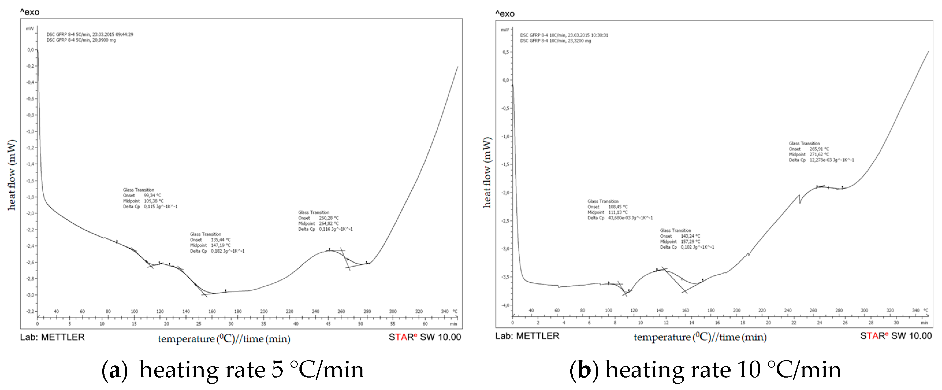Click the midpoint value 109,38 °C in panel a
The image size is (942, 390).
click(x=154, y=201)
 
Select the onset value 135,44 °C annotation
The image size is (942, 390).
click(x=221, y=240)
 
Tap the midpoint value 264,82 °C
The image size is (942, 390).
click(x=329, y=224)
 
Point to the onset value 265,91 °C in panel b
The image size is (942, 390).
click(x=819, y=149)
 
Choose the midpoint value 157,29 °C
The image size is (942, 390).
click(x=690, y=242)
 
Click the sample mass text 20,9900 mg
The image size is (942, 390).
click(x=104, y=40)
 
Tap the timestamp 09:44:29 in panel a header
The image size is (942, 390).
click(x=125, y=34)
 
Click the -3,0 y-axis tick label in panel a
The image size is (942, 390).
click(x=30, y=295)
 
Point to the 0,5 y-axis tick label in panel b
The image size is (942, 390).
click(x=505, y=52)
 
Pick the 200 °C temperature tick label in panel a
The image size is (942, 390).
click(x=264, y=311)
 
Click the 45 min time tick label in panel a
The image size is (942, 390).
click(x=328, y=324)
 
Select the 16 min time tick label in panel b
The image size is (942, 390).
click(x=717, y=323)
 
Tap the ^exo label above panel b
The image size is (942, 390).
click(x=505, y=14)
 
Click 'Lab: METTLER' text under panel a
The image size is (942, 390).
click(x=52, y=337)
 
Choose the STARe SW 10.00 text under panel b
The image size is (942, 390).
click(x=896, y=336)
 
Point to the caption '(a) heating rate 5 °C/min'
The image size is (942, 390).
click(x=233, y=369)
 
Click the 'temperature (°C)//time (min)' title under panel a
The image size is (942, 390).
click(x=224, y=339)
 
